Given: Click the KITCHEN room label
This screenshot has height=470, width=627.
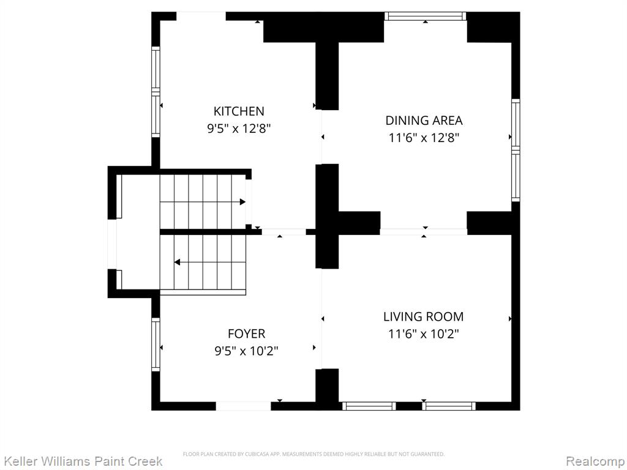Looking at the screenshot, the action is click(239, 111).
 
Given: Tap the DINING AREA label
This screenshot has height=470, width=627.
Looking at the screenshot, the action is click(424, 121).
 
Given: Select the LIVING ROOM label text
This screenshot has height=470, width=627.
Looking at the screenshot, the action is click(424, 316).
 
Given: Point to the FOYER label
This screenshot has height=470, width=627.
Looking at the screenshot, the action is click(246, 334).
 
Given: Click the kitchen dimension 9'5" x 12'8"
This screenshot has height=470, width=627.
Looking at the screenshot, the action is click(239, 129).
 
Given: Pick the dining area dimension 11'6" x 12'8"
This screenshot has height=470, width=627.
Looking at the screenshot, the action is click(424, 138).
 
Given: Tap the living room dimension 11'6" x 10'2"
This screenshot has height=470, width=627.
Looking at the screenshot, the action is click(424, 334).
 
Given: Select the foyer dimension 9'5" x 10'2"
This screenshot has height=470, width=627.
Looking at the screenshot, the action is click(246, 351).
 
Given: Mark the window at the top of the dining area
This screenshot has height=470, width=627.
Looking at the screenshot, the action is click(425, 16).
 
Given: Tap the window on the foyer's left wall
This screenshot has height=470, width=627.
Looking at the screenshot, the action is click(156, 345).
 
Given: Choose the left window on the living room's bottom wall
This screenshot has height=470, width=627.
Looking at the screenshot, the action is click(369, 406).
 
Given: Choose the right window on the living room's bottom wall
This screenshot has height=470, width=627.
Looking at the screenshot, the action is click(449, 406).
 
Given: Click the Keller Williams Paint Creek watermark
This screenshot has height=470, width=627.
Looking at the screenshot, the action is click(83, 461).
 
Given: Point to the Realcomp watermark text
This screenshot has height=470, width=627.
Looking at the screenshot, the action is click(595, 461).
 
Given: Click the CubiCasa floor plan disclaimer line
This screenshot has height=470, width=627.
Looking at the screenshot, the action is click(313, 454).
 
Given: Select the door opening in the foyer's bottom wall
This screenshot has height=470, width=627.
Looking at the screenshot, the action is click(243, 406).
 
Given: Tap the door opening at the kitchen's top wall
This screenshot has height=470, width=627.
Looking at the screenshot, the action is click(201, 16).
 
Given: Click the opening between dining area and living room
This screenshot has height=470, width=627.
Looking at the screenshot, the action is click(424, 231).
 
